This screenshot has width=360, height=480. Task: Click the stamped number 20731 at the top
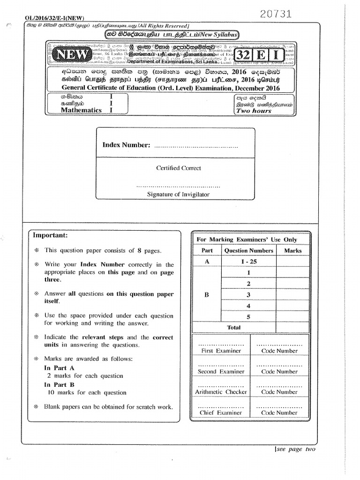click(275, 15)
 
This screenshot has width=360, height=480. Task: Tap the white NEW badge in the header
click(72, 55)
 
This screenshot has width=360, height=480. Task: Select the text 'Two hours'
click(254, 111)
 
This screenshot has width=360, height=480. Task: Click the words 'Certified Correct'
click(178, 168)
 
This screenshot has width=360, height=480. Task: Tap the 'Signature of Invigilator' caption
click(178, 194)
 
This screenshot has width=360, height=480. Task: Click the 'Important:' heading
click(50, 235)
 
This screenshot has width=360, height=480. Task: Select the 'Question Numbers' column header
click(248, 251)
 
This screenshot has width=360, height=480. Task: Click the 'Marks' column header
click(293, 251)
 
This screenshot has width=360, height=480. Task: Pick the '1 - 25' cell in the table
click(248, 262)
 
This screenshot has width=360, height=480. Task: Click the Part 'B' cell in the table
click(207, 295)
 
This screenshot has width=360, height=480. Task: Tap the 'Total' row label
click(233, 328)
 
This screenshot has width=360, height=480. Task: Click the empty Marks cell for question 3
click(293, 295)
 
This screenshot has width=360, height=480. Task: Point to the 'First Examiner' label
click(221, 351)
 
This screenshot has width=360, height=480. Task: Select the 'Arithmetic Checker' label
click(221, 392)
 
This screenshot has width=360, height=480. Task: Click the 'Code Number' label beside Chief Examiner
click(279, 413)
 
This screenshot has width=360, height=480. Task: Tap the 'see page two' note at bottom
click(295, 449)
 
